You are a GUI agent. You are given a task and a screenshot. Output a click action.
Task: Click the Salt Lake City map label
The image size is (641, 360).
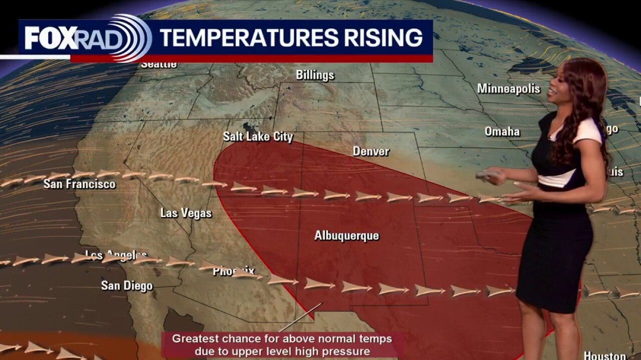258,136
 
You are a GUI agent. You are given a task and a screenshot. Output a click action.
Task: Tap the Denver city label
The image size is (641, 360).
371,151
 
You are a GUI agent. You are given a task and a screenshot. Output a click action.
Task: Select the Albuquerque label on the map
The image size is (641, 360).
347,235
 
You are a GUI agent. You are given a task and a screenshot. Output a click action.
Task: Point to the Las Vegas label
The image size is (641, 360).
186,213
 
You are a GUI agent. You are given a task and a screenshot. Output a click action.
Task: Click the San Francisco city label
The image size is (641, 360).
79,184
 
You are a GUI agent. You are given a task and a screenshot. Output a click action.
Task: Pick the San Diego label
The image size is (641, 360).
127,285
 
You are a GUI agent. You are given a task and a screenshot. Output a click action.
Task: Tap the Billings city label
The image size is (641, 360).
315,75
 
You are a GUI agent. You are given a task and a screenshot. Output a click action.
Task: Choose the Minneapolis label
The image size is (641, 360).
508,88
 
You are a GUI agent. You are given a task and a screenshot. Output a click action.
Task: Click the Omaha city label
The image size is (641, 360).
502,131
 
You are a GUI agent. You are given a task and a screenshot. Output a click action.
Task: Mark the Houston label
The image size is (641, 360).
605,355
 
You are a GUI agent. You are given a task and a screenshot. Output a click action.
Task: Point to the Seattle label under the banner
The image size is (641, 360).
159,64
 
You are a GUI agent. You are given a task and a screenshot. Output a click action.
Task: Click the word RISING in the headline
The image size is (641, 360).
379,38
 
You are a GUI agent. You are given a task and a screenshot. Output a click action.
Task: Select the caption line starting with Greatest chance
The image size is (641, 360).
281,338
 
